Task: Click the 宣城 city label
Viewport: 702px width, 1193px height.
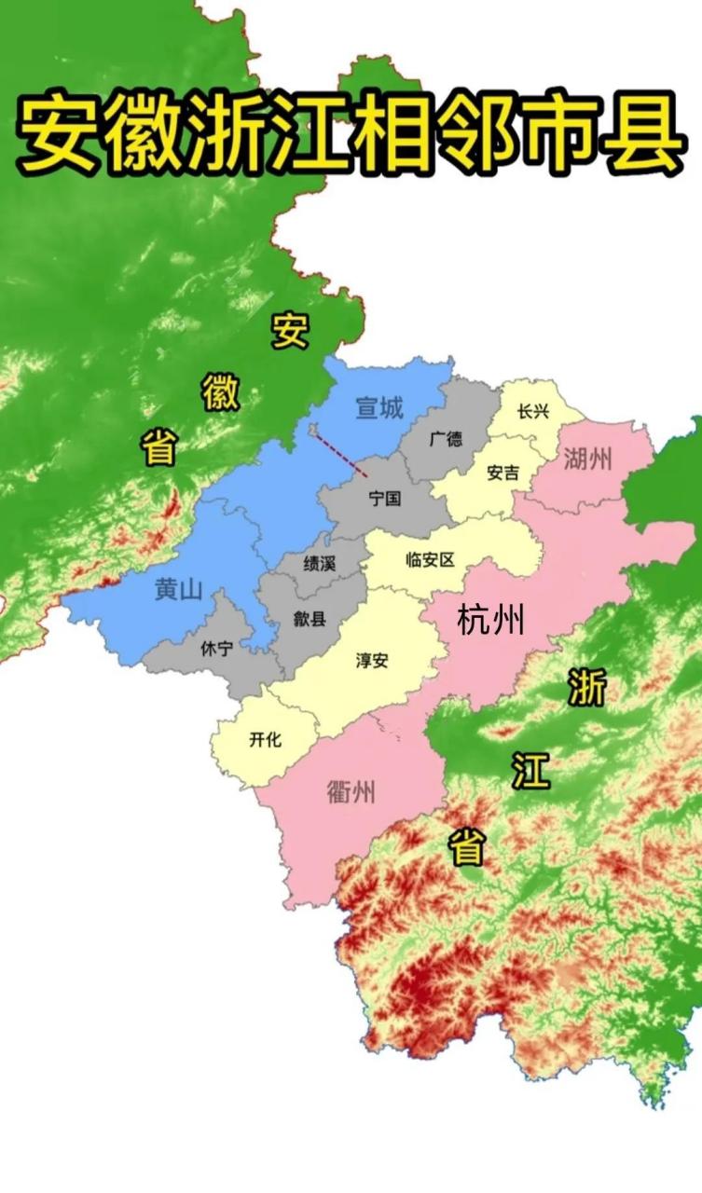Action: click(379, 408)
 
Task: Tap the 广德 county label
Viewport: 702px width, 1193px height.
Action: click(446, 439)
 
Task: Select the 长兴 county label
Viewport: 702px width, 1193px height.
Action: click(533, 411)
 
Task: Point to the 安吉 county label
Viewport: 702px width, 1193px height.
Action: click(503, 473)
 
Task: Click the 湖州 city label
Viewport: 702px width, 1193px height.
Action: click(588, 458)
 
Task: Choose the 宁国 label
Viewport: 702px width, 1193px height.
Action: click(384, 499)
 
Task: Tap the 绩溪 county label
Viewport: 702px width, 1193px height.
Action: click(320, 563)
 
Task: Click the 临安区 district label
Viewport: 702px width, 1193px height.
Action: click(430, 560)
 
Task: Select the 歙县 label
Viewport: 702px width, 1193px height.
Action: click(310, 617)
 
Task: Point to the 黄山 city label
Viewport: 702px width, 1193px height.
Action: click(179, 589)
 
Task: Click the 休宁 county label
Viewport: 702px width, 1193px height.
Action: click(217, 650)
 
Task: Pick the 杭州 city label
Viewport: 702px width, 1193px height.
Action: click(491, 620)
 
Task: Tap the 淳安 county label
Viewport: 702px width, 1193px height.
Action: click(372, 661)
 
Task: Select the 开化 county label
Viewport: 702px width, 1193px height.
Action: click(265, 740)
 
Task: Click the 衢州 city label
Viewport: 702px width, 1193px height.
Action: click(351, 792)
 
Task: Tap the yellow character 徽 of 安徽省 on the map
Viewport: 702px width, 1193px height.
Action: click(221, 392)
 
